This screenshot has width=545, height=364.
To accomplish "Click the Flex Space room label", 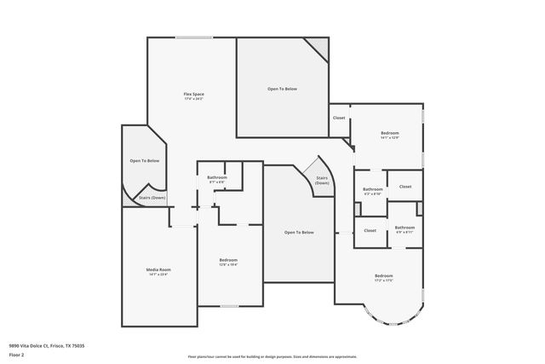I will (193, 95).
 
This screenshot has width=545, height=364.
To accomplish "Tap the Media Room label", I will (159, 271).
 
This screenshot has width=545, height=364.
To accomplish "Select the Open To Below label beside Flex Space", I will (282, 89).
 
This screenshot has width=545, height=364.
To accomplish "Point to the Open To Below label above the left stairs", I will (145, 160).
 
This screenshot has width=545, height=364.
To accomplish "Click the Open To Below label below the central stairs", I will (299, 233).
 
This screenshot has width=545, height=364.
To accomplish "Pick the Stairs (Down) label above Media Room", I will (152, 198).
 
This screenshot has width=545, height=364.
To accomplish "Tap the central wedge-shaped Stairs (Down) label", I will (321, 181).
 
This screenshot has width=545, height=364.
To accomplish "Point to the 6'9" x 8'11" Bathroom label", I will (404, 228).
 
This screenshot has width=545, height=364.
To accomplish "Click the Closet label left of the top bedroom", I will (339, 118).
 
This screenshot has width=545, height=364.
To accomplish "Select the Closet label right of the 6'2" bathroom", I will (405, 186).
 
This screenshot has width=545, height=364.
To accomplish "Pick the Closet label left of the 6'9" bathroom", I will (370, 230).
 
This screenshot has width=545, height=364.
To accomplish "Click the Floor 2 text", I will (16, 353).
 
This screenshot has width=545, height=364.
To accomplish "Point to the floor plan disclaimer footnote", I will (272, 356).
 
